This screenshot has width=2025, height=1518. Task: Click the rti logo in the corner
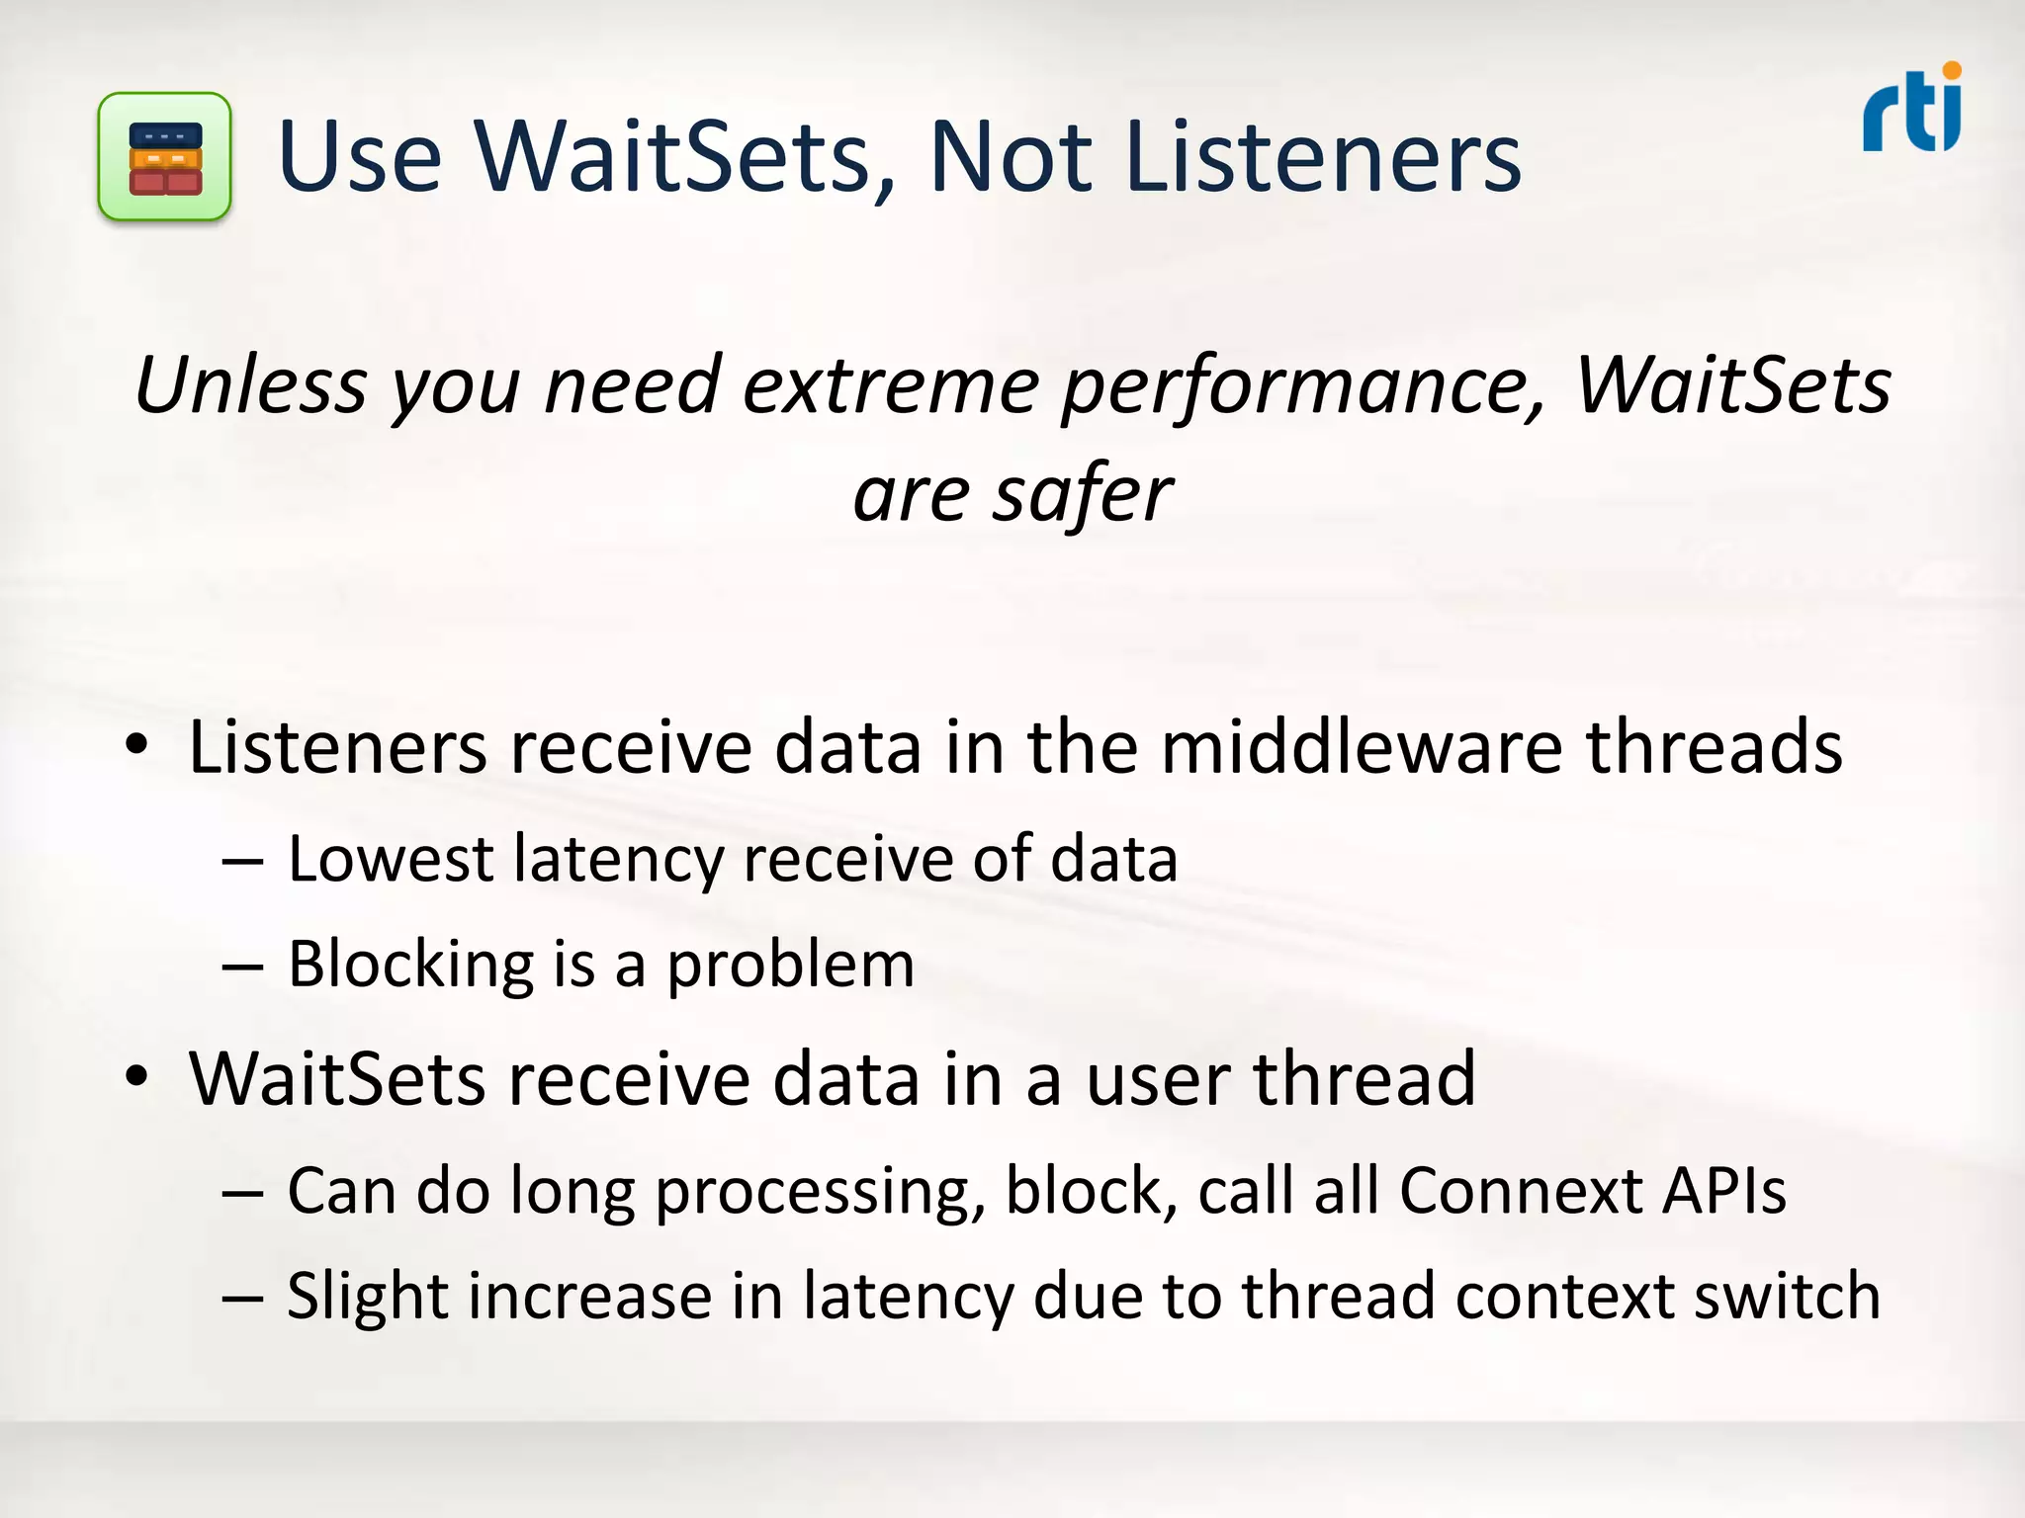click(x=1912, y=110)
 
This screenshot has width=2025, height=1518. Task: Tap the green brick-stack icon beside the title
click(x=165, y=157)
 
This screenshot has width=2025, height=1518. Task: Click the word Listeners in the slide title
click(x=1323, y=156)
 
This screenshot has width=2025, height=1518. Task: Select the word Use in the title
click(x=360, y=156)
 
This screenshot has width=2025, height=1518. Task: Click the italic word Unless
click(x=251, y=384)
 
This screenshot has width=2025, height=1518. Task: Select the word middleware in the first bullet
click(x=1362, y=746)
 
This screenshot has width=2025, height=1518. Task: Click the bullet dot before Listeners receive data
click(x=137, y=744)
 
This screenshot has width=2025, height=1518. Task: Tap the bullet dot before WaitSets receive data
click(x=137, y=1076)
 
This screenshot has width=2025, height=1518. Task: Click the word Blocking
click(x=411, y=965)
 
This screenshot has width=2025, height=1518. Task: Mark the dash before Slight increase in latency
click(x=242, y=1298)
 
